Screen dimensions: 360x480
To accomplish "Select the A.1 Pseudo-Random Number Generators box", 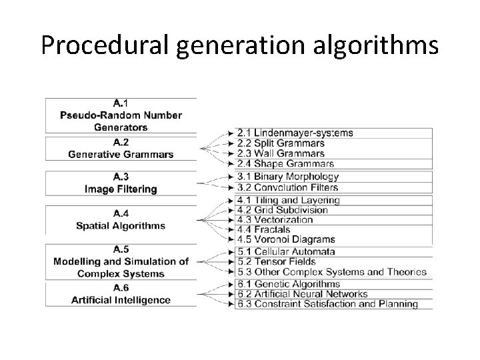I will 121,115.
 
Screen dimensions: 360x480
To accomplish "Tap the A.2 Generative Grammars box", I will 121,149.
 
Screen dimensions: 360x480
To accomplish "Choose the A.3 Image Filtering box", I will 121,183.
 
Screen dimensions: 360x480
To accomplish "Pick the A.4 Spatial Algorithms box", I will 121,219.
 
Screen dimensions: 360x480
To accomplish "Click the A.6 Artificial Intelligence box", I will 121,294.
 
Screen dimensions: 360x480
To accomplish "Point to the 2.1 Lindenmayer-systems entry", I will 295,133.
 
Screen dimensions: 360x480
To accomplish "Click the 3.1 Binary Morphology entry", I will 287,177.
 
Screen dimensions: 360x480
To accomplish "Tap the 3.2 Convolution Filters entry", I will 287,187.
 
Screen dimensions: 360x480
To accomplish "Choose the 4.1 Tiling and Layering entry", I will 288,200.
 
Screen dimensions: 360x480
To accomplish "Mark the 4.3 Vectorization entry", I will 275,219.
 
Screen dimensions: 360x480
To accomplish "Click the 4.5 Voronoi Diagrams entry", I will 285,239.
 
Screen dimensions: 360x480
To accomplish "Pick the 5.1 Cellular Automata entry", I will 286,252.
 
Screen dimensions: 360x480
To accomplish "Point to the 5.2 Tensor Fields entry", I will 276,262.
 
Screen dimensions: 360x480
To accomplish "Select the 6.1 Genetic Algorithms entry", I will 288,285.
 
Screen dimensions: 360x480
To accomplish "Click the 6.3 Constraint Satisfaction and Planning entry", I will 327,304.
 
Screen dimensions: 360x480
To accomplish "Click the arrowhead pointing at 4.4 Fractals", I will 231,230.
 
